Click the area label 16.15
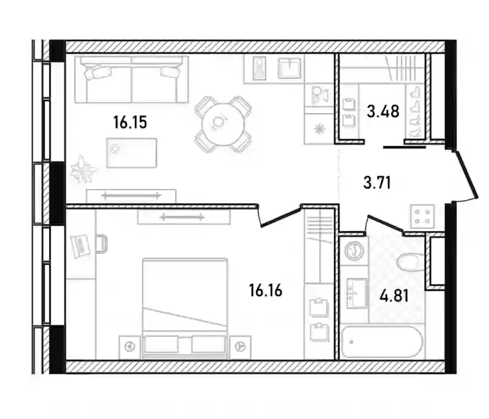pos(130,122)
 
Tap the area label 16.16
pos(266,291)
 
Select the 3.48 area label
pos(383,111)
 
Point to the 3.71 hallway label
pos(377,182)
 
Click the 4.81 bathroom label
pos(394,295)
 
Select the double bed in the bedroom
pos(185,308)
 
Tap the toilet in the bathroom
pos(410,262)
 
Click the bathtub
pos(381,342)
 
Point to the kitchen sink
pos(290,69)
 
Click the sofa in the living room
pos(131,80)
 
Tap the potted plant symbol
pos(83,169)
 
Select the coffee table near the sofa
pos(131,153)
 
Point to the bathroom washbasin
pos(357,292)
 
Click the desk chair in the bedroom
pos(101,243)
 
